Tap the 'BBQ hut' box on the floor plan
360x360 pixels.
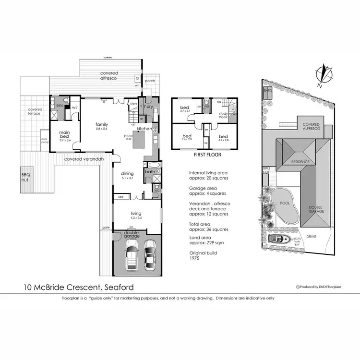25,177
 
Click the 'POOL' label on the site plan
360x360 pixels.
285,203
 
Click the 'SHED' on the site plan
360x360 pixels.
267,91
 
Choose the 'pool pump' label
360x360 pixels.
45,141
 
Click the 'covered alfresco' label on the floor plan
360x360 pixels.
109,75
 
